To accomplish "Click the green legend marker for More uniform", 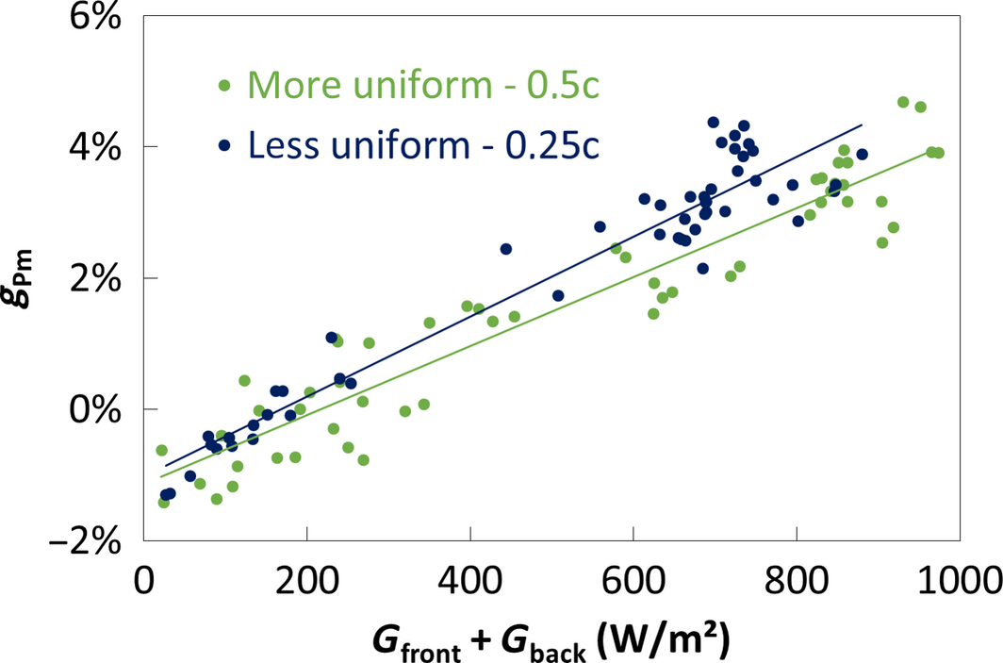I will point(224,87).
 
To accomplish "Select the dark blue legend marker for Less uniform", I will point(224,144).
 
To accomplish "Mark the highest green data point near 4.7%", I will point(903,102).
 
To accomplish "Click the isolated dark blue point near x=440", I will point(506,249).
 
